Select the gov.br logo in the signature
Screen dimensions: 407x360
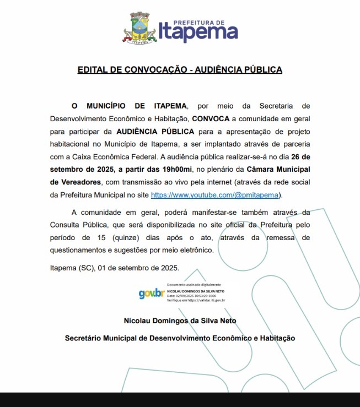click(151, 294)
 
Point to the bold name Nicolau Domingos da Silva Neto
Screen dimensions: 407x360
click(180, 321)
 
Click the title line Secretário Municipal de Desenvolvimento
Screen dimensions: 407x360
click(180, 338)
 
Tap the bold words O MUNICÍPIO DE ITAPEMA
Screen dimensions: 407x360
click(130, 105)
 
